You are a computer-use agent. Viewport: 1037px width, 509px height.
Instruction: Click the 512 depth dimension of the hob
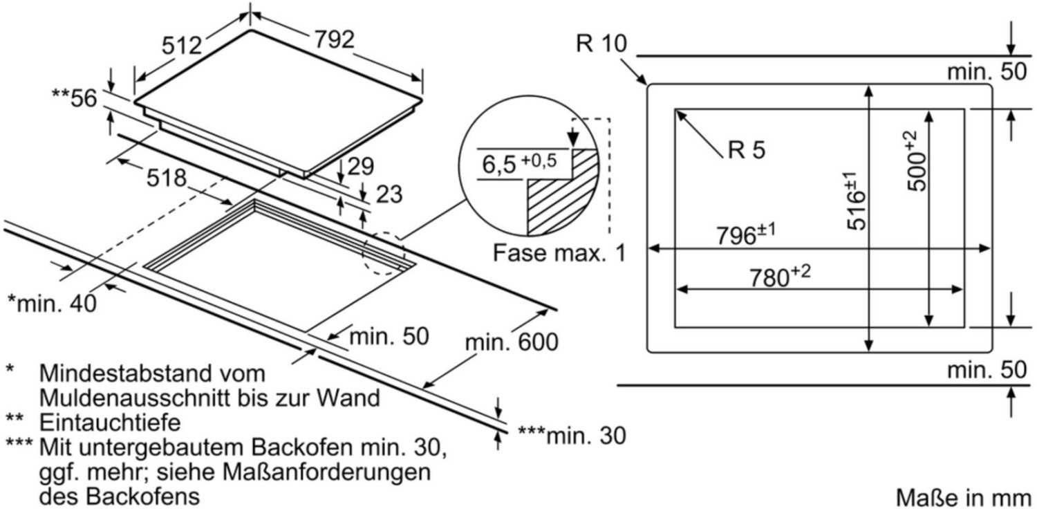181,46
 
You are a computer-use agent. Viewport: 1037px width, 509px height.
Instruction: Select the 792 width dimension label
334,39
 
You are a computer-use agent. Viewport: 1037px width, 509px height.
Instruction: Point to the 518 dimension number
166,178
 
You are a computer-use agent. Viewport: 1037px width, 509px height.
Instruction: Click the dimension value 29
361,167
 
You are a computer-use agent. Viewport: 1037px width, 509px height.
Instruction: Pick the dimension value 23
389,194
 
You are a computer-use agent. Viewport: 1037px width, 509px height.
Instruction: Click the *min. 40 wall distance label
52,304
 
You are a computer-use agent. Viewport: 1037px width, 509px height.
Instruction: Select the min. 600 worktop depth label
512,342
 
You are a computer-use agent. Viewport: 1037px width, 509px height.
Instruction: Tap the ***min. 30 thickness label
571,436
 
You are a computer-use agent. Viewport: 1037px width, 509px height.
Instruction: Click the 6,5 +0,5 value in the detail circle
519,163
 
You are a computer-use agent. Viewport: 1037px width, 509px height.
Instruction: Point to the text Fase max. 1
559,253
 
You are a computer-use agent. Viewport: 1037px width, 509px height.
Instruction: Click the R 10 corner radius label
601,44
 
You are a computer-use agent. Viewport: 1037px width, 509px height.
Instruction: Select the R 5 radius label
747,149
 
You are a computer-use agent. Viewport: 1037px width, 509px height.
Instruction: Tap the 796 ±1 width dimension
745,234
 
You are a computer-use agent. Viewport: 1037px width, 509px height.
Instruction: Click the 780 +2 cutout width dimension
780,276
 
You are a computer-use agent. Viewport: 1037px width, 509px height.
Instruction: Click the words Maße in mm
964,497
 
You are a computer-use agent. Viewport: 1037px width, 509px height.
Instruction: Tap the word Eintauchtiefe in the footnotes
110,423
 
